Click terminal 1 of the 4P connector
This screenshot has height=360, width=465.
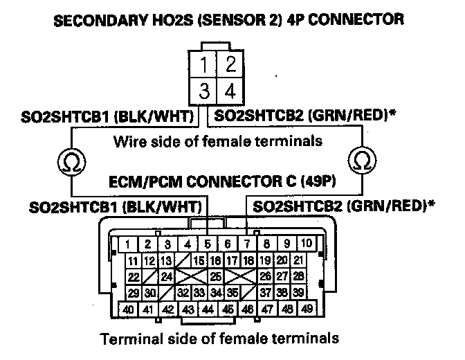(203, 66)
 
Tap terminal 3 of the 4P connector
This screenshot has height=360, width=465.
(203, 90)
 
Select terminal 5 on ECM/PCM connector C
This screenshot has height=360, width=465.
(207, 244)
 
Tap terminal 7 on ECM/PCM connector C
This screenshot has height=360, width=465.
(246, 244)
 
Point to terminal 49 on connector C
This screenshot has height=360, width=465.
(307, 309)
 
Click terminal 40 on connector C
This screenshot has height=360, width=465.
(129, 309)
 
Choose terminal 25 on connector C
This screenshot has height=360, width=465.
(217, 277)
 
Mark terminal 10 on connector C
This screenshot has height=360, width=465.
(307, 244)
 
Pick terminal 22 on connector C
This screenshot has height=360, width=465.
(135, 277)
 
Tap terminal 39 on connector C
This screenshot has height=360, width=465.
(299, 293)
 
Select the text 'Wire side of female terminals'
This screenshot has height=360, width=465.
(217, 142)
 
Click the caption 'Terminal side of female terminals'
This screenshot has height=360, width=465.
(220, 339)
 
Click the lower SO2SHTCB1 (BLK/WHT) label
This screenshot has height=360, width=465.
(116, 206)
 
